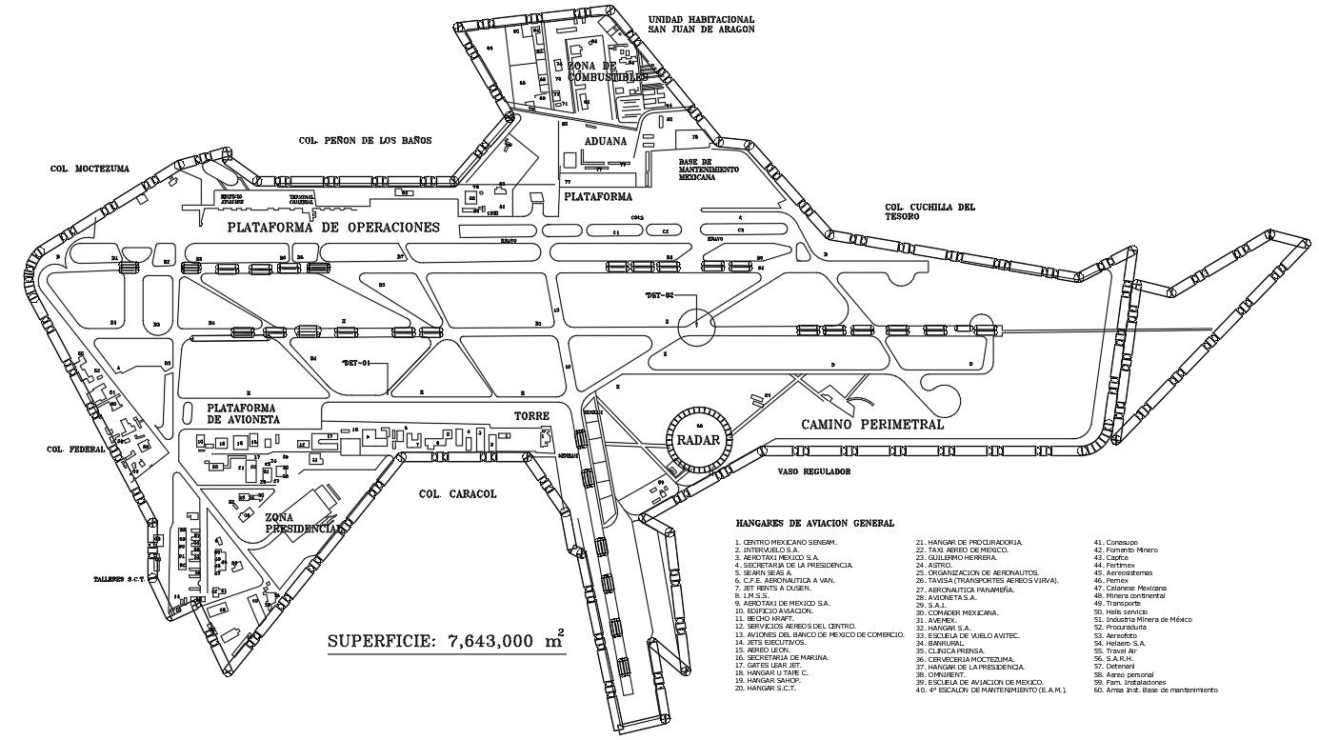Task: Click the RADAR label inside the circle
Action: [699, 440]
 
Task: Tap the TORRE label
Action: [531, 417]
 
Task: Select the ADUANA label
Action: [606, 141]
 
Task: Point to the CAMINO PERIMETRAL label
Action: [872, 425]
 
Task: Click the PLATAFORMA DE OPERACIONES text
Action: [333, 228]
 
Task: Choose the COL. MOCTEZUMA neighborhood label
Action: [90, 169]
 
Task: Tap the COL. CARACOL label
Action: [458, 494]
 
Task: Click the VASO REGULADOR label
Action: [812, 470]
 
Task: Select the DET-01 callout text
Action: [355, 362]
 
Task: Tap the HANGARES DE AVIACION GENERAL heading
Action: [814, 523]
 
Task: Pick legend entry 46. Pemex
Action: [1110, 580]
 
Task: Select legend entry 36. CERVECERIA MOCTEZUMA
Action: [968, 659]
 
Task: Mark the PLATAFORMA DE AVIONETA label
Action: [244, 413]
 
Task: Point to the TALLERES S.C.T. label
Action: [117, 577]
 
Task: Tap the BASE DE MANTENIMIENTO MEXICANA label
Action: [709, 170]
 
